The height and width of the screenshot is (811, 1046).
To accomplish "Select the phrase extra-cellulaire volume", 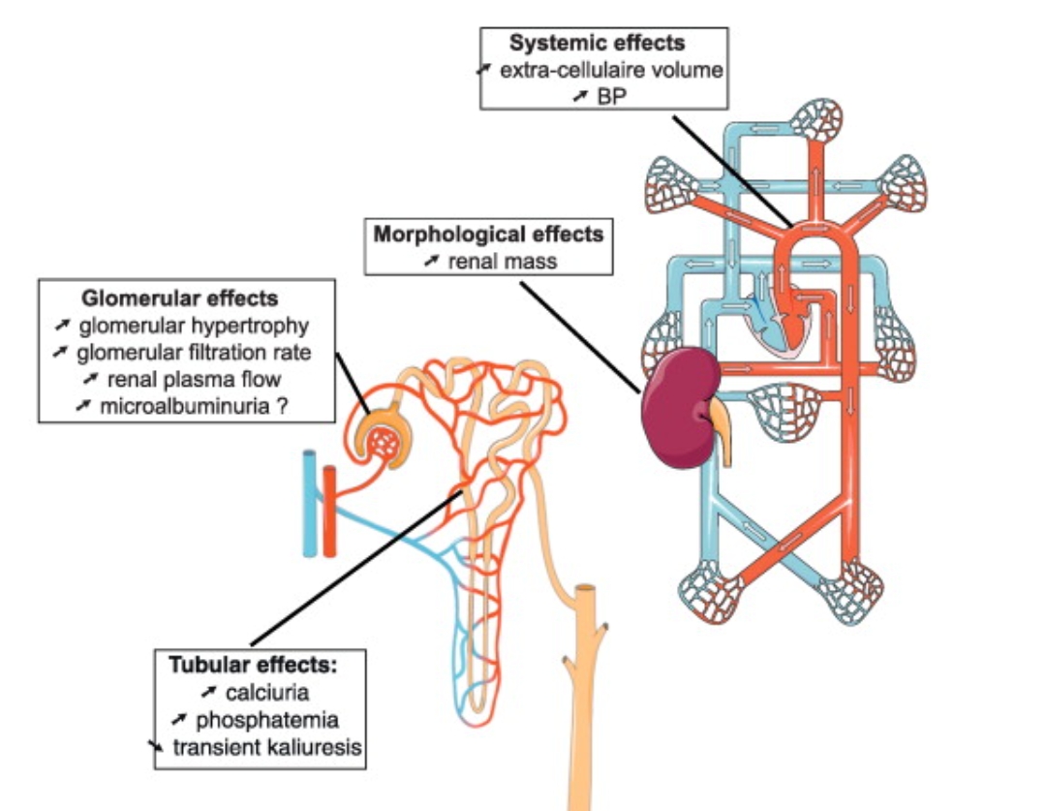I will pyautogui.click(x=611, y=70).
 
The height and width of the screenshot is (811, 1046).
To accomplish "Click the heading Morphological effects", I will pyautogui.click(x=488, y=234).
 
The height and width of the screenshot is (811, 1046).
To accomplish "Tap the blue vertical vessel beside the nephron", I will pyautogui.click(x=309, y=503).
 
